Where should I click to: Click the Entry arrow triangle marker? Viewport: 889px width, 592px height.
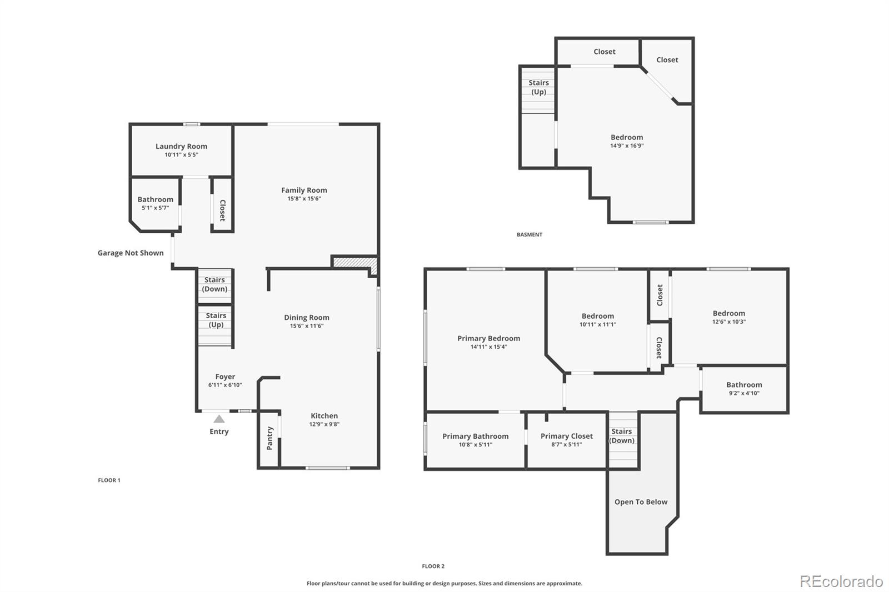[219, 419]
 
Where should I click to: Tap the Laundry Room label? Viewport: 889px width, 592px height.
[181, 146]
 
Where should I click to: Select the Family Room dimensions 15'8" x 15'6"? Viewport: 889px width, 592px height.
[304, 199]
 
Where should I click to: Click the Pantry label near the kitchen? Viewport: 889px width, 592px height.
[270, 438]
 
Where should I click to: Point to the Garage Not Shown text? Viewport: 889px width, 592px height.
[131, 253]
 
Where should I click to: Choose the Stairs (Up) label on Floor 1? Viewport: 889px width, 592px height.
[216, 320]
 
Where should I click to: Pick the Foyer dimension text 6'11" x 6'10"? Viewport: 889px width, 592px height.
[225, 385]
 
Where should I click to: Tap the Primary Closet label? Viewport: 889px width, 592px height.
[566, 436]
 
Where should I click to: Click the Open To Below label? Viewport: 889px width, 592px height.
[641, 501]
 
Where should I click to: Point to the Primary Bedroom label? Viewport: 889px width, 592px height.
[488, 338]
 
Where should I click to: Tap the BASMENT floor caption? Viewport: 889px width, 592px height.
[529, 234]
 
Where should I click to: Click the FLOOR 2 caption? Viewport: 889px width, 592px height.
[433, 566]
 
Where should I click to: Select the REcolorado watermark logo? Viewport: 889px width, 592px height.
[841, 581]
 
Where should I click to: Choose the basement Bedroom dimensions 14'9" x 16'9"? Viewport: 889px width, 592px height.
[627, 146]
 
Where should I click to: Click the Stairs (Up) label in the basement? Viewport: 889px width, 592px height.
[538, 87]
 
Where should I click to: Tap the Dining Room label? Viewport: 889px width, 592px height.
[307, 317]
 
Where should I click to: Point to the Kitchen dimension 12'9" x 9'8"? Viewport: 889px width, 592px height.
[324, 424]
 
